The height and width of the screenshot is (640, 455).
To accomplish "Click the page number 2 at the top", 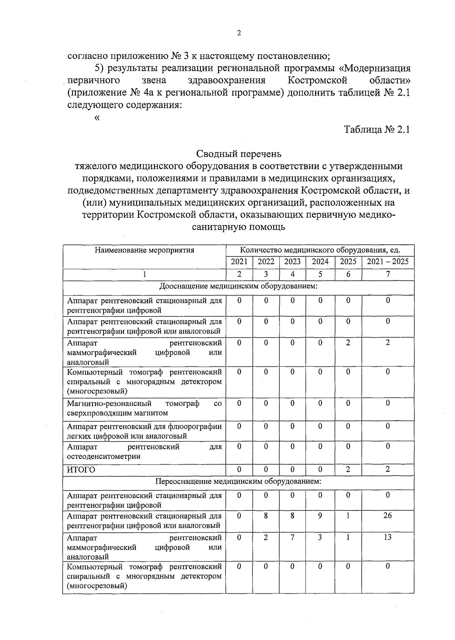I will [x=238, y=33].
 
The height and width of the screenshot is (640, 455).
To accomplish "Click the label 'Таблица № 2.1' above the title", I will [x=377, y=130].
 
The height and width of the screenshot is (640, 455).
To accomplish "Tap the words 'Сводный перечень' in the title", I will [x=239, y=154].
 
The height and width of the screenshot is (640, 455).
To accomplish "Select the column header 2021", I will [x=239, y=262].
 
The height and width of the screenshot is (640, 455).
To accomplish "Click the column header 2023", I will [x=292, y=262].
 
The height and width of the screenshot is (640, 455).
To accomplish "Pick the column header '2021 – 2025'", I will [x=388, y=262].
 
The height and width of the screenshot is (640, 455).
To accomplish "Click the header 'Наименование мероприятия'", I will [x=144, y=250].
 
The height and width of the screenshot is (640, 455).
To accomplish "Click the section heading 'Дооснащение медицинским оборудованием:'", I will [x=238, y=286].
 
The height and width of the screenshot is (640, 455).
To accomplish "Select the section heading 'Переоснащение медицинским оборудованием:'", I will [x=238, y=482].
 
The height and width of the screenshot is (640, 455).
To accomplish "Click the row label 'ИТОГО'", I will [x=81, y=470].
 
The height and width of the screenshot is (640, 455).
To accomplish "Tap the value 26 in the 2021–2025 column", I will [x=388, y=516].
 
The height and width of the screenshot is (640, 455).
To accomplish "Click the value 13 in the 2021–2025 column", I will [x=388, y=537].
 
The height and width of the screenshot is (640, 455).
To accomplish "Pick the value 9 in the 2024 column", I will [x=320, y=516].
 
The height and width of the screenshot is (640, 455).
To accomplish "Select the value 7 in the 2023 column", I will [x=292, y=537].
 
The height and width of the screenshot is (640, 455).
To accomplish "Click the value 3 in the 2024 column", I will [x=320, y=537].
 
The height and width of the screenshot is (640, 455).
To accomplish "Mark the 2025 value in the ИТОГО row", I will [x=348, y=469].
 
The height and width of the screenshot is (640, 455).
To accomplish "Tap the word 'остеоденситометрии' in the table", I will [x=104, y=457].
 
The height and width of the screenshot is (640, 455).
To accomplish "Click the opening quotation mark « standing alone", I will [x=97, y=118].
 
